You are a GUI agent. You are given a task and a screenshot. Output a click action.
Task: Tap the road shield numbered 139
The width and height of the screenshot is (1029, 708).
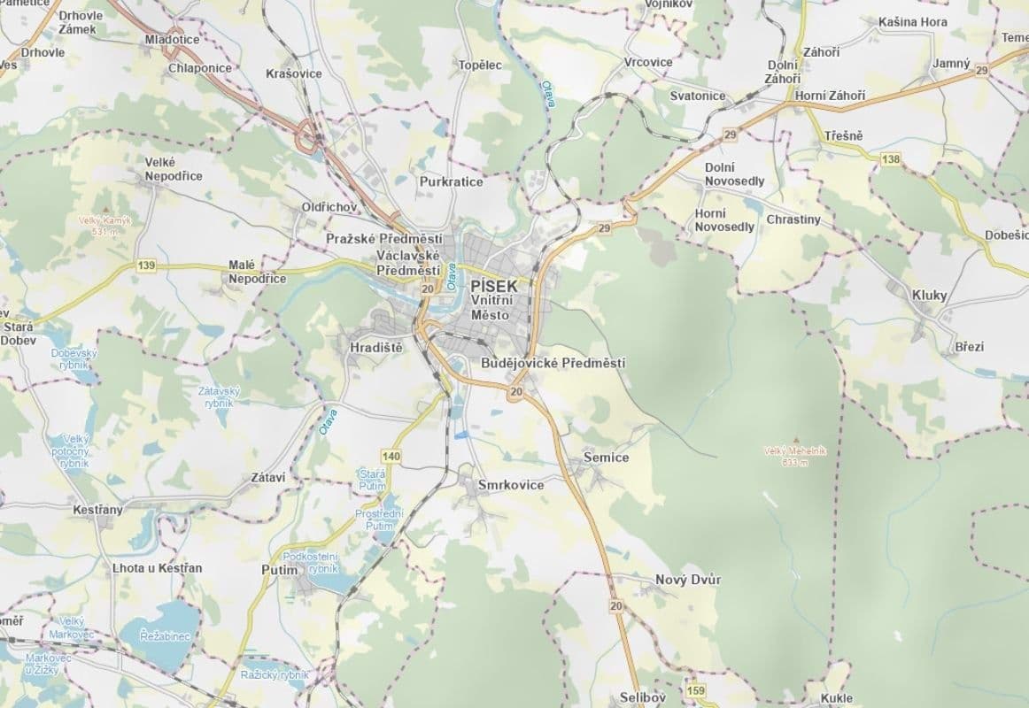coord(147,265)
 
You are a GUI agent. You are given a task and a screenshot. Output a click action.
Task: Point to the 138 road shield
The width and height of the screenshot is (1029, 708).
coord(891,158)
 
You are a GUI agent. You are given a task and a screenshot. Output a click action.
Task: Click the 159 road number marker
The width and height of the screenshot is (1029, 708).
coord(695,690)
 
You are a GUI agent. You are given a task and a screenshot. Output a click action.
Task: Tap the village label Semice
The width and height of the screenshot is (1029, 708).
coord(606,458)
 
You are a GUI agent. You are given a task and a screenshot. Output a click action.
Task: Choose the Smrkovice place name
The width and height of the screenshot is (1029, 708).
coord(511,485)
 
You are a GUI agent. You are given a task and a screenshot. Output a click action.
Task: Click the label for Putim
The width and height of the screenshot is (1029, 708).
coord(280,570)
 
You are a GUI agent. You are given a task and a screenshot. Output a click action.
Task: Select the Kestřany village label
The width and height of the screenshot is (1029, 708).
coord(97,510)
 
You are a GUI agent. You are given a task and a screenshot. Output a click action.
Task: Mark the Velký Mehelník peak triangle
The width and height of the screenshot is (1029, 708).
coord(796,439)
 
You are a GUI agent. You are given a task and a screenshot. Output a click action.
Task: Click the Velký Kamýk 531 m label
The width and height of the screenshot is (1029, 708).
coord(104,226)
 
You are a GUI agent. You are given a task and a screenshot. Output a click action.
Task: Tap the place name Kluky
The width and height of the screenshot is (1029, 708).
coord(929,295)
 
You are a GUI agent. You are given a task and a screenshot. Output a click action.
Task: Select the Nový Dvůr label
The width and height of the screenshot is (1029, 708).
coord(688,580)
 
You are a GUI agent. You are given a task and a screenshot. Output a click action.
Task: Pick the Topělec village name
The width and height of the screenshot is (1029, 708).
coord(480,65)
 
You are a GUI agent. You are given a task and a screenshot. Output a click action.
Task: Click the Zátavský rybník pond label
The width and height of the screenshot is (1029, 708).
coord(219,396)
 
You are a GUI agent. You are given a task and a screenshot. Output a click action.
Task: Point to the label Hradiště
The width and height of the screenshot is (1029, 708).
coord(375,348)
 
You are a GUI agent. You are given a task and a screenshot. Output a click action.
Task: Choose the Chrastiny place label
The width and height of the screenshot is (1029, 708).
coord(793,219)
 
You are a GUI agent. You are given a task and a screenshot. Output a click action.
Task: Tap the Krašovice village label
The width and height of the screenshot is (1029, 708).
coord(294,73)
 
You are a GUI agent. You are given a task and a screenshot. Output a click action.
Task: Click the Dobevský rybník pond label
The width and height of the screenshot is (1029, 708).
coord(74,358)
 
